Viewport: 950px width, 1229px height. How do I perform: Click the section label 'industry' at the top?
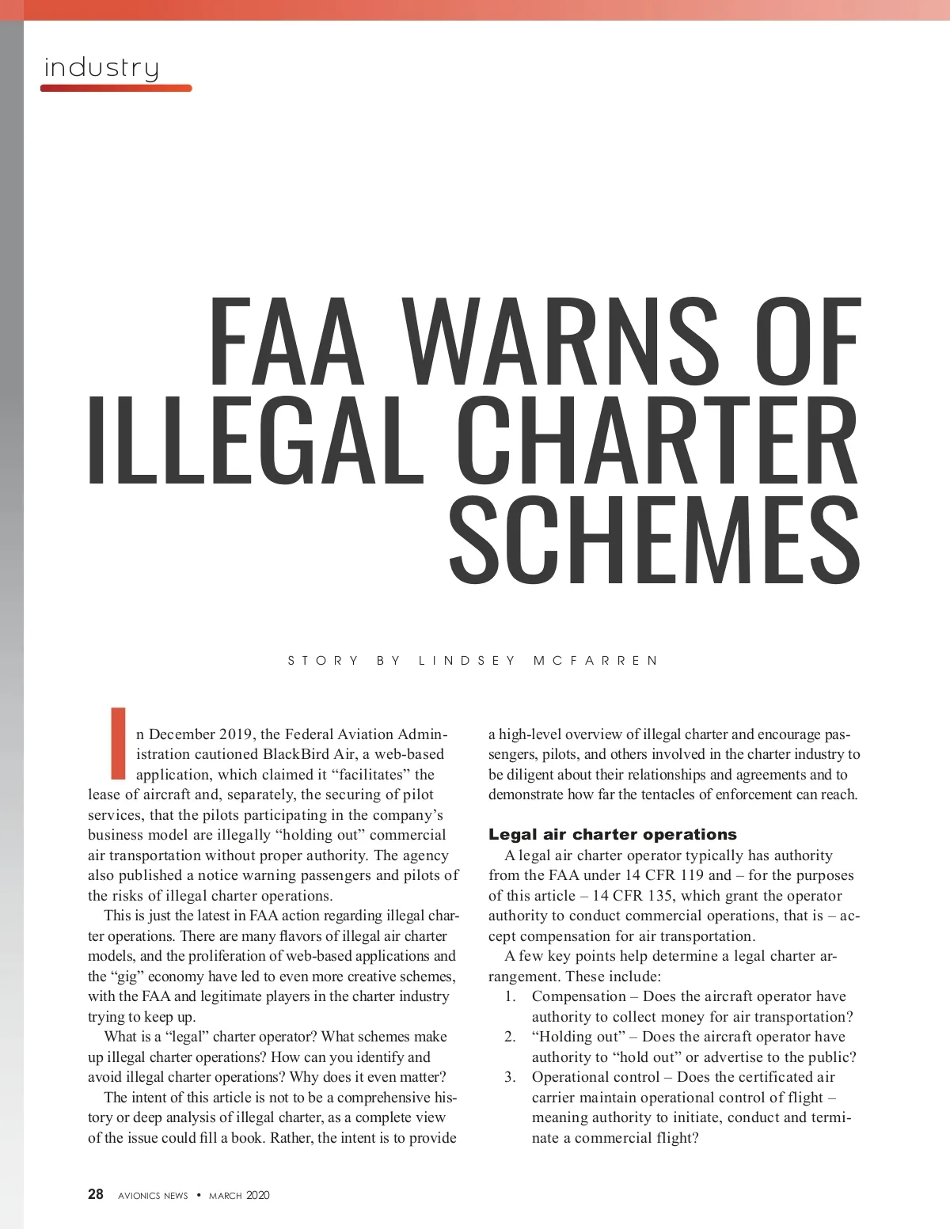[x=101, y=67]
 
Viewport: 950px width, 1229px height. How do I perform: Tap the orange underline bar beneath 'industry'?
[x=116, y=88]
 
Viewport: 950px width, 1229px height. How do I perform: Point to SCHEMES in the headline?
[x=654, y=537]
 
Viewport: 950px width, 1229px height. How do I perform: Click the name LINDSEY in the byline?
[x=467, y=660]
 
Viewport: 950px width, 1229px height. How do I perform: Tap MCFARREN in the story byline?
[x=595, y=660]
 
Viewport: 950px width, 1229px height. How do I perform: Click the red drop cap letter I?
[x=119, y=742]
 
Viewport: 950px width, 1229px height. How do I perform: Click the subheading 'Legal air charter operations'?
[x=612, y=834]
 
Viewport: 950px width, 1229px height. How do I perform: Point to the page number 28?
[x=95, y=1194]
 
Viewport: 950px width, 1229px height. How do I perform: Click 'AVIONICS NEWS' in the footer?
[x=153, y=1195]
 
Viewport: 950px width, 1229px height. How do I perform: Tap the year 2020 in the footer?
[x=257, y=1195]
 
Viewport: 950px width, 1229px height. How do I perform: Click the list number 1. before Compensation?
[x=511, y=996]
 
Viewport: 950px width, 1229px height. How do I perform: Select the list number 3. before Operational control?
[x=511, y=1077]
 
